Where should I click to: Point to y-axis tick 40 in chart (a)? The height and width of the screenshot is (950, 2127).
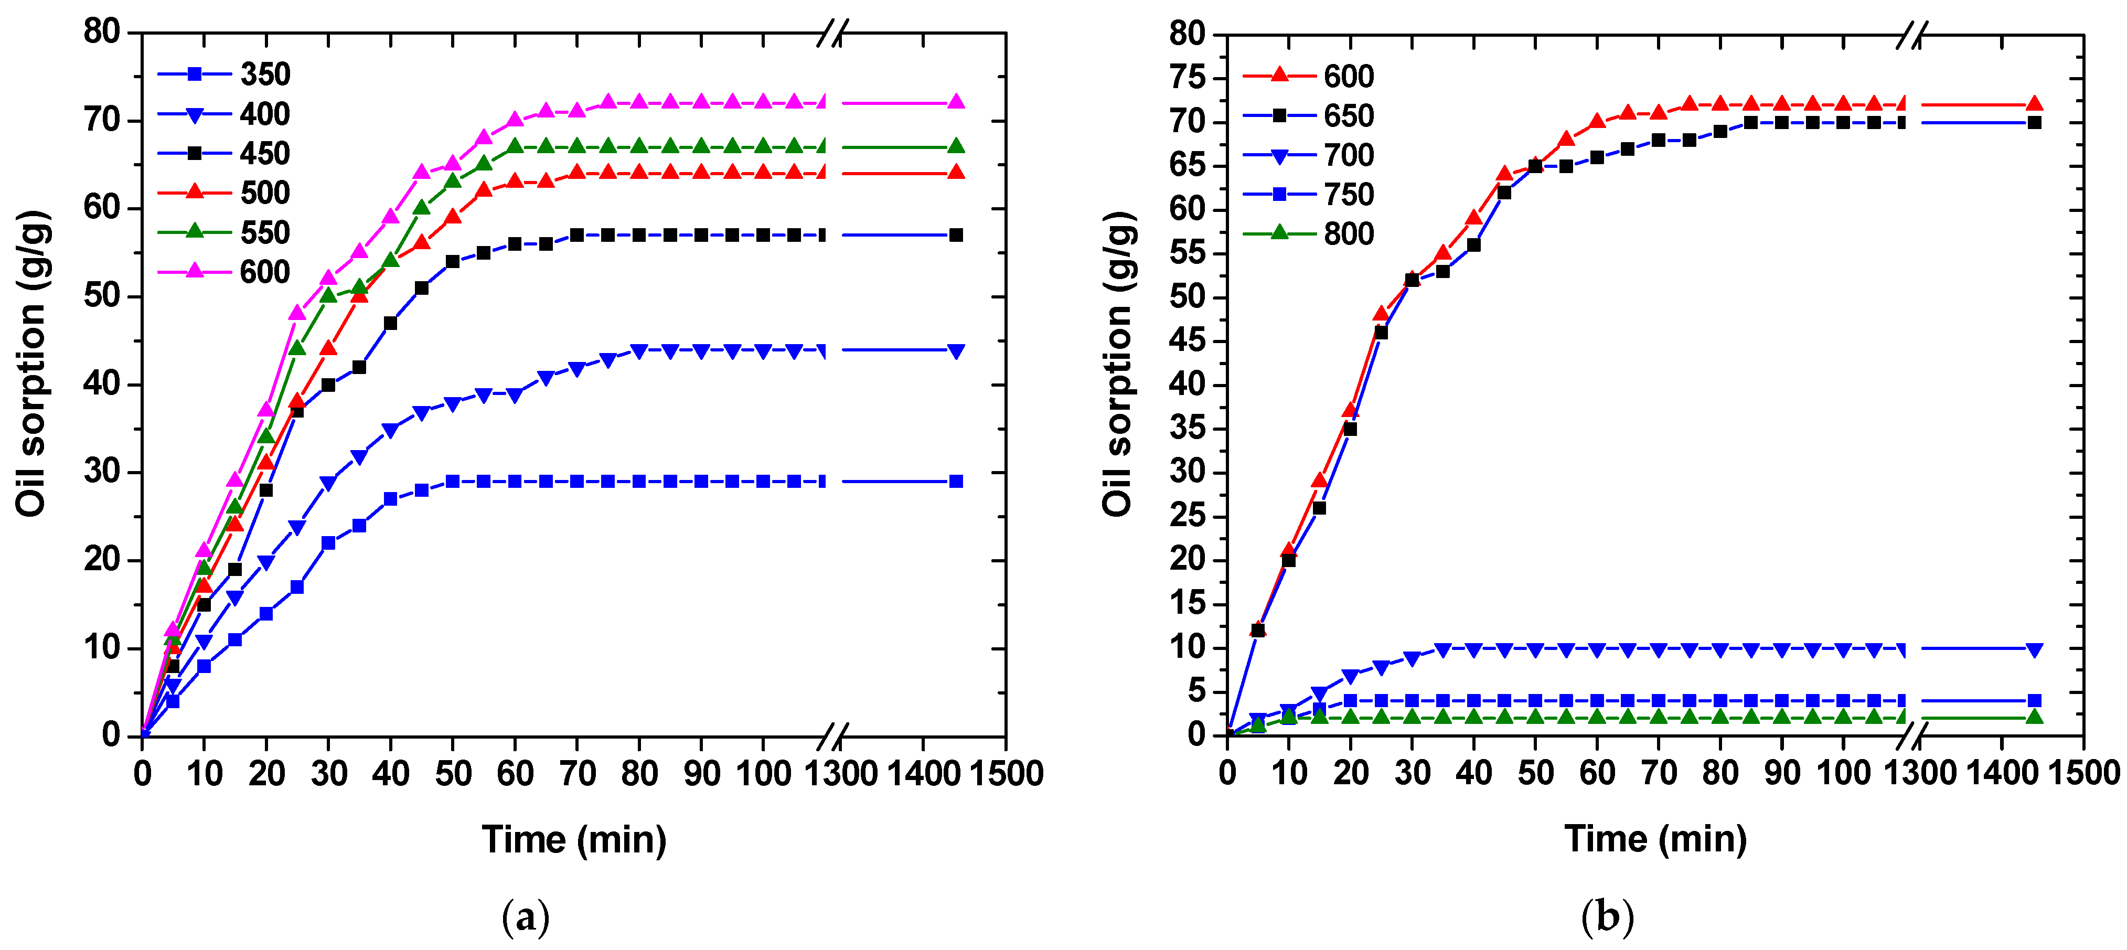point(102,384)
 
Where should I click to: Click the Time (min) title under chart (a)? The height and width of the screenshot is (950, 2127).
point(574,840)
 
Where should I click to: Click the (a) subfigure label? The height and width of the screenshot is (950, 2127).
point(525,918)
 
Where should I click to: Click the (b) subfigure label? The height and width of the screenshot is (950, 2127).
point(1607,918)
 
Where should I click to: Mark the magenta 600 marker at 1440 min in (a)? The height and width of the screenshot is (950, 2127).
point(955,102)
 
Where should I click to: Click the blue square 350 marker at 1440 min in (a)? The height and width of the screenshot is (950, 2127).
point(955,482)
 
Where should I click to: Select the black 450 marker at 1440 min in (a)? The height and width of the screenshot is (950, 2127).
point(955,236)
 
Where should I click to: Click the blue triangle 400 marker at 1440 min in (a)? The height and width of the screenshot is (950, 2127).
point(955,351)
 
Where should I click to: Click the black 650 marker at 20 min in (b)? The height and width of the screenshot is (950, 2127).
point(1350,429)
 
